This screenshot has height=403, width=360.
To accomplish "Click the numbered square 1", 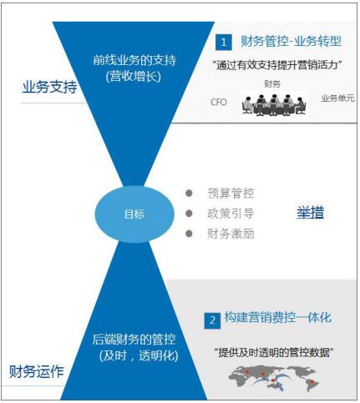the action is click(223, 43).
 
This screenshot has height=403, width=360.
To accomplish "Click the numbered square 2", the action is click(212, 320).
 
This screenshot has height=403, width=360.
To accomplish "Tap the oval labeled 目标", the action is click(134, 214).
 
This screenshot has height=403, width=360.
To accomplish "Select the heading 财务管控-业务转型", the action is click(291, 42).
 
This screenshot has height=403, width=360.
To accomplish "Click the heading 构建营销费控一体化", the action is click(278, 318).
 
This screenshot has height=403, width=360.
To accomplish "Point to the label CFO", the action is click(219, 102).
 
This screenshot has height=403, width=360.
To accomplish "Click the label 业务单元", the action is click(337, 98).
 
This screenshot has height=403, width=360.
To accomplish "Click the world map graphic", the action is click(274, 378).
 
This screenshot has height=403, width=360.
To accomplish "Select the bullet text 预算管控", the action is click(231, 194).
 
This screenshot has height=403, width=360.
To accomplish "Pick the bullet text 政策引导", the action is click(231, 214).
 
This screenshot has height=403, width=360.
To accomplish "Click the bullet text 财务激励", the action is click(231, 234).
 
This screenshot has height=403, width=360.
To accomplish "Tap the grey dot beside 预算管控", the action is click(189, 193).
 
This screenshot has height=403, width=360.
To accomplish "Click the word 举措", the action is click(310, 213).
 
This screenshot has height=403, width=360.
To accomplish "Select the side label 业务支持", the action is click(49, 87).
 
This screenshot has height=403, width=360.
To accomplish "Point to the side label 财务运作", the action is click(37, 371).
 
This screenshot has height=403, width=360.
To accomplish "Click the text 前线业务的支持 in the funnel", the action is click(134, 61).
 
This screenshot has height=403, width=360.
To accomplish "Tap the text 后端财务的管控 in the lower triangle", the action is click(134, 340).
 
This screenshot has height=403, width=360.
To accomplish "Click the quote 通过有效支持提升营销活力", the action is click(277, 66).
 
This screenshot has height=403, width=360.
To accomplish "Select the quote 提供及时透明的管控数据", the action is click(273, 353).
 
